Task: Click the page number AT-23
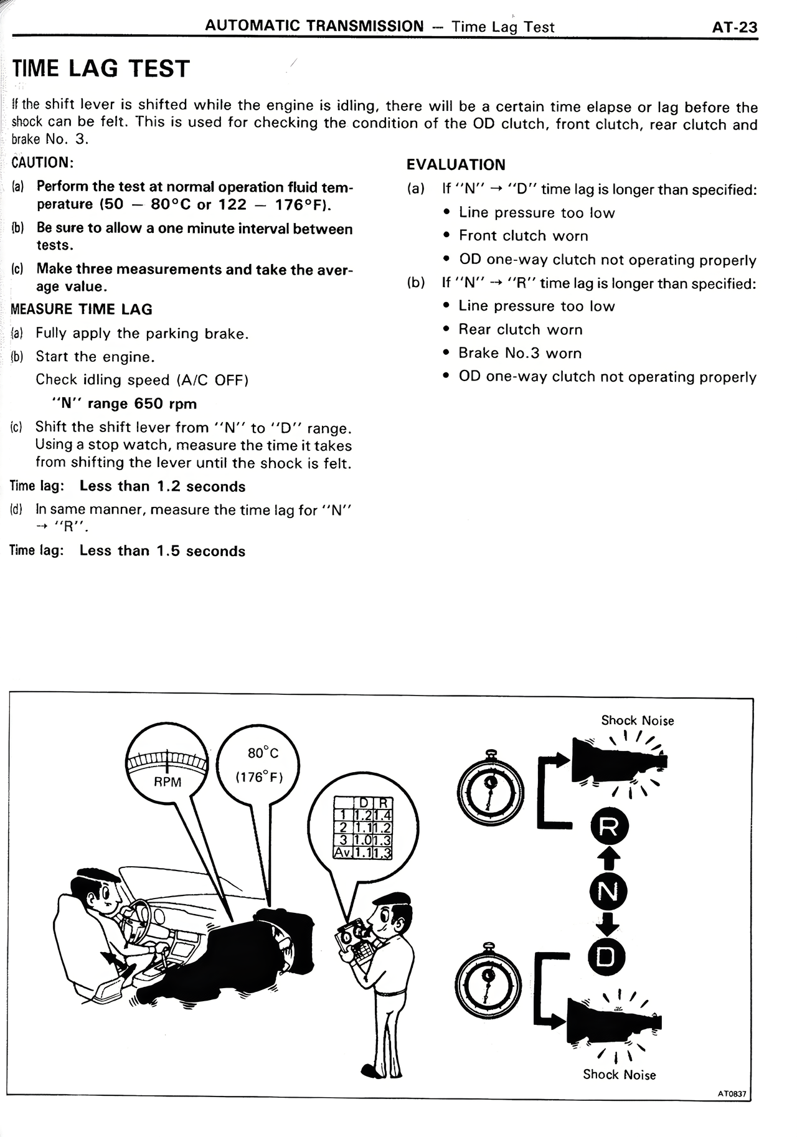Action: click(x=735, y=27)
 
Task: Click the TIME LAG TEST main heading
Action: click(x=101, y=68)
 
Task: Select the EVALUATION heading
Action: click(x=456, y=165)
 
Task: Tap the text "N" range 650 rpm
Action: click(x=125, y=403)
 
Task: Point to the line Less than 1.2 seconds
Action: click(x=163, y=486)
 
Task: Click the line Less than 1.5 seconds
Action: click(x=163, y=551)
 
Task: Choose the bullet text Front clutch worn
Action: click(x=523, y=236)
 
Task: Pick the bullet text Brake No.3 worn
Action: click(x=520, y=353)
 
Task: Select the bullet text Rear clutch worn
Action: click(x=521, y=329)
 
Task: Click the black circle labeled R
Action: click(x=608, y=828)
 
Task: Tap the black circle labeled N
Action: click(x=608, y=892)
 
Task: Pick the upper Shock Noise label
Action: click(x=637, y=720)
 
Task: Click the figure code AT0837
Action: click(x=732, y=1093)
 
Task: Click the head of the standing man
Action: click(x=390, y=913)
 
